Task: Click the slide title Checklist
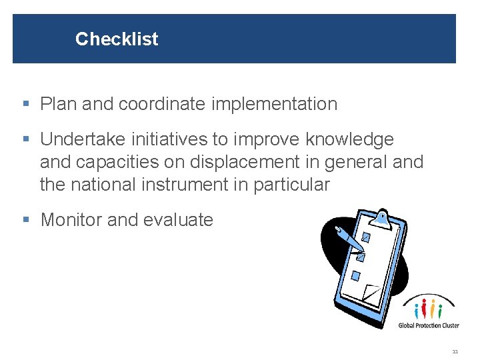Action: (x=117, y=39)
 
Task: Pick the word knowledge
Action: (x=349, y=139)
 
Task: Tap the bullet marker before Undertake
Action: (x=26, y=140)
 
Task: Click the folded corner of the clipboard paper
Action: (x=371, y=294)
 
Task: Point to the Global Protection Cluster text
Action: (x=429, y=325)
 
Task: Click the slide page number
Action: (x=455, y=351)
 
